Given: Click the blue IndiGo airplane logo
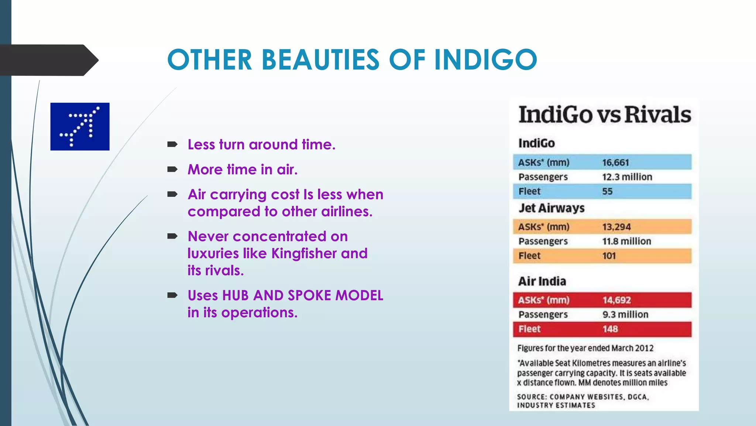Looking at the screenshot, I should [x=80, y=126].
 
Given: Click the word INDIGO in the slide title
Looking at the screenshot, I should [x=485, y=60].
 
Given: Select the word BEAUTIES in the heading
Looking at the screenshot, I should [x=320, y=60].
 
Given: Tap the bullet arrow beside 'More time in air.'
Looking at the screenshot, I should [x=172, y=170].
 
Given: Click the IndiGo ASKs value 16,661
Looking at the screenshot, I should [x=615, y=162].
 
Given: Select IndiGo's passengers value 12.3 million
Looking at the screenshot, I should [x=627, y=177].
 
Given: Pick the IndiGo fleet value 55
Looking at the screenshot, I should [x=607, y=192].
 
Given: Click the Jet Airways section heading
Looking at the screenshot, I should [x=551, y=208].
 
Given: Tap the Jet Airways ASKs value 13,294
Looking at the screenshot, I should [x=616, y=227].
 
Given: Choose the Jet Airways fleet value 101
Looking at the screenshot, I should [x=609, y=256].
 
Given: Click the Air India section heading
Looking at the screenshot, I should [x=542, y=281].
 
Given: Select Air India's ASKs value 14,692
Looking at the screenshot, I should [x=616, y=300].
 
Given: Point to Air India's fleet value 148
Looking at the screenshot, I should [x=610, y=329].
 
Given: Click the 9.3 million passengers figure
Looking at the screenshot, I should [x=625, y=314].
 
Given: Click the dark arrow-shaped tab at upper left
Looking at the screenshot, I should [x=48, y=60].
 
